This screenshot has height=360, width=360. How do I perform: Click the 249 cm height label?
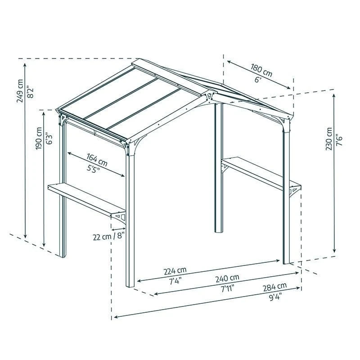point(20,91)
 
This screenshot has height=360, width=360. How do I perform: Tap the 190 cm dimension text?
point(39,138)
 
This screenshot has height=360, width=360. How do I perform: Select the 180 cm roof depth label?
point(261,70)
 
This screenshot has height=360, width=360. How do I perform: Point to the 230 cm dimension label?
point(329,139)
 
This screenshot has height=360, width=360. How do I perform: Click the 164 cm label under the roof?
point(97,160)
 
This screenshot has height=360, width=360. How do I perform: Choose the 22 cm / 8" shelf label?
point(108,236)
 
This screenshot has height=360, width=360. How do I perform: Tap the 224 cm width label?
point(175,271)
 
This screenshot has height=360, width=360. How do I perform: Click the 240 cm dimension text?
point(227,279)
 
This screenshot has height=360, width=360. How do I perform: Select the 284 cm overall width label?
point(275,287)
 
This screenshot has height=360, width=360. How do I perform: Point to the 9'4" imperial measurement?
point(275,297)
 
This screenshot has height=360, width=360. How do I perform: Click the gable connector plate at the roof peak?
point(209,97)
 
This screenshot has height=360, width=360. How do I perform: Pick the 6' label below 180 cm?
point(258,80)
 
